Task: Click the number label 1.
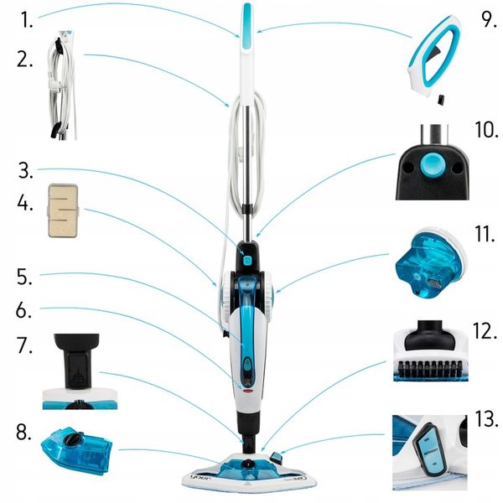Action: [x=28, y=20]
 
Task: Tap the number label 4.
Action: [x=26, y=204]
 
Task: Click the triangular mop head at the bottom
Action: [x=251, y=474]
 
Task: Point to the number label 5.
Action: [x=25, y=274]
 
